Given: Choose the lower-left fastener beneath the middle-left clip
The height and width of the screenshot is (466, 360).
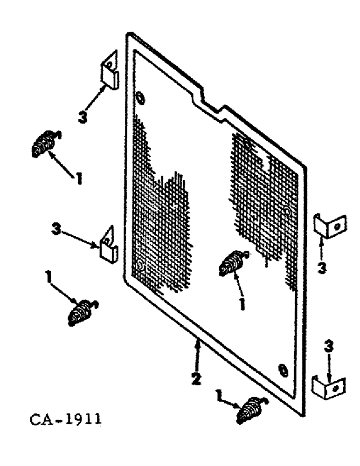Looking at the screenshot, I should (x=80, y=312).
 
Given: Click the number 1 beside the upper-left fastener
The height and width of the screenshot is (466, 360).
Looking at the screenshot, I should (x=79, y=177).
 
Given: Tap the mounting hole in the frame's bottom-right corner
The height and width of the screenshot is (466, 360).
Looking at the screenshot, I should (x=282, y=371).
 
